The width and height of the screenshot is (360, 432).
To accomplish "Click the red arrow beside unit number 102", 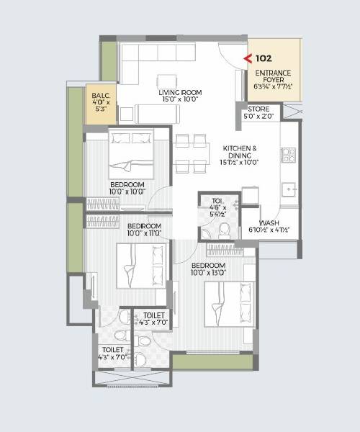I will pyautogui.click(x=247, y=58).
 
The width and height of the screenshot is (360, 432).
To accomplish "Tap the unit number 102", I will pyautogui.click(x=263, y=58).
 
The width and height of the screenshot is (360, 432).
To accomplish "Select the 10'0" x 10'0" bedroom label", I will pyautogui.click(x=127, y=189).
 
